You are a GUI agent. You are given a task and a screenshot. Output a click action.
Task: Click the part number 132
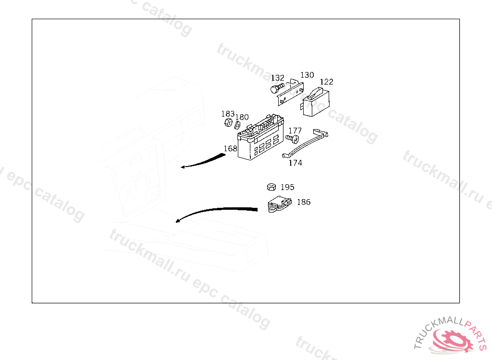pos(277,78)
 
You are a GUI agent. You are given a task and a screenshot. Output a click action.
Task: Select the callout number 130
pos(307,75)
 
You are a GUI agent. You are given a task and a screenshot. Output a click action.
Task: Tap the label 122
pos(326,82)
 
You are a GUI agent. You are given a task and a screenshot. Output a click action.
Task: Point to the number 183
pos(228,114)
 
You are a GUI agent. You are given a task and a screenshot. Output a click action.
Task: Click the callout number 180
pos(242,117)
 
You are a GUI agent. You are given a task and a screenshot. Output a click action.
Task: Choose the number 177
pos(295,131)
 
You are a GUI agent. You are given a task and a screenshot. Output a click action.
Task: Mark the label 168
pos(231,148)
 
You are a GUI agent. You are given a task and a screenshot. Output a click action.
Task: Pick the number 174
pos(295,163)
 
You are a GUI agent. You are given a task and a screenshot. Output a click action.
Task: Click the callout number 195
pos(287,187)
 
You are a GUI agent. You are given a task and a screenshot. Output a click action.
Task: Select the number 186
pos(304,202)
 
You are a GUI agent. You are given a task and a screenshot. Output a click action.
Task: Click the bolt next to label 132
pos(276,89)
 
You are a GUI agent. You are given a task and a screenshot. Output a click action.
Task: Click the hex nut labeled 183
pos(228,124)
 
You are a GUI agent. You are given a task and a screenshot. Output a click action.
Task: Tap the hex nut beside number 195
pos(271,187)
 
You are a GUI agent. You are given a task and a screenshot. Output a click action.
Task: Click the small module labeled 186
pos(279,204)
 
